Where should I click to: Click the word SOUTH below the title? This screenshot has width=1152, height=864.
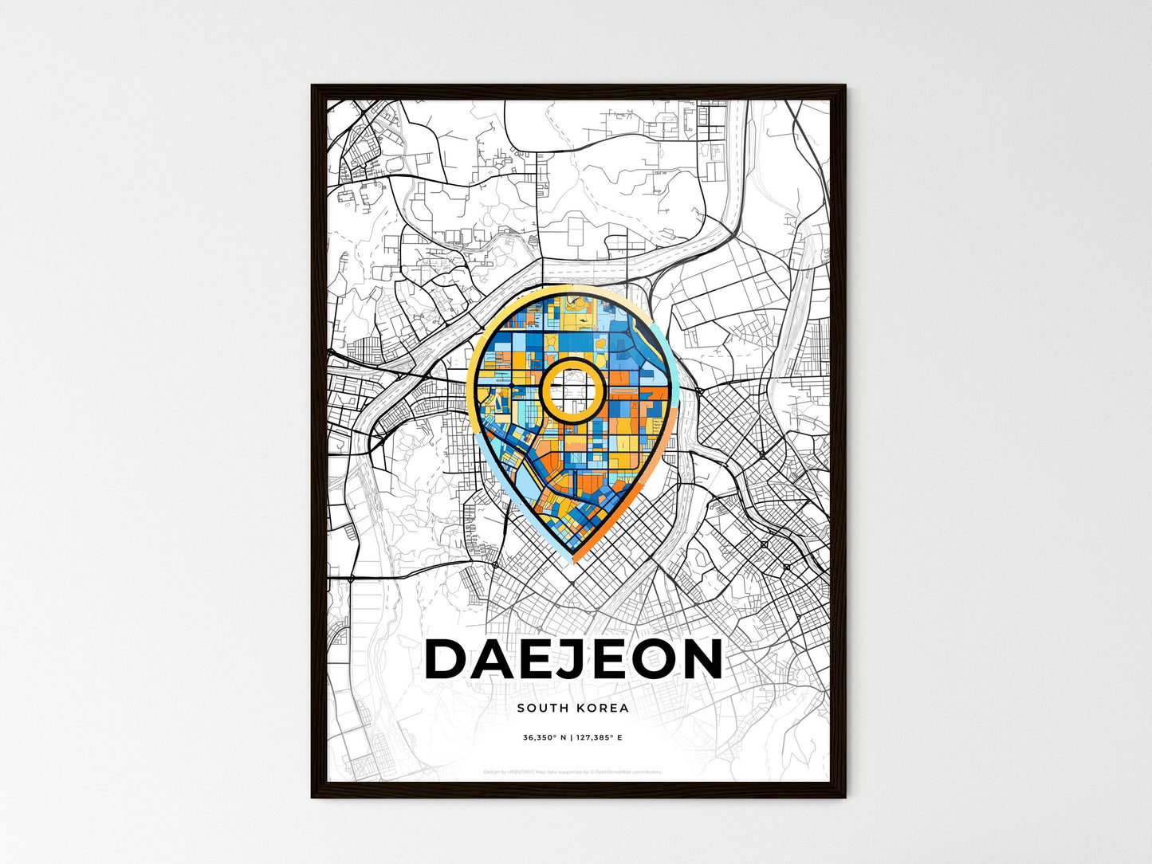(541, 708)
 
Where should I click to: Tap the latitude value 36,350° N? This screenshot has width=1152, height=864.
(545, 738)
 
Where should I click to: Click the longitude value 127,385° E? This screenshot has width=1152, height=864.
(600, 738)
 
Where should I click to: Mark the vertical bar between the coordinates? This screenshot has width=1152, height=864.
(572, 738)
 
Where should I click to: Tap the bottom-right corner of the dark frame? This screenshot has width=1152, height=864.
(844, 796)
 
